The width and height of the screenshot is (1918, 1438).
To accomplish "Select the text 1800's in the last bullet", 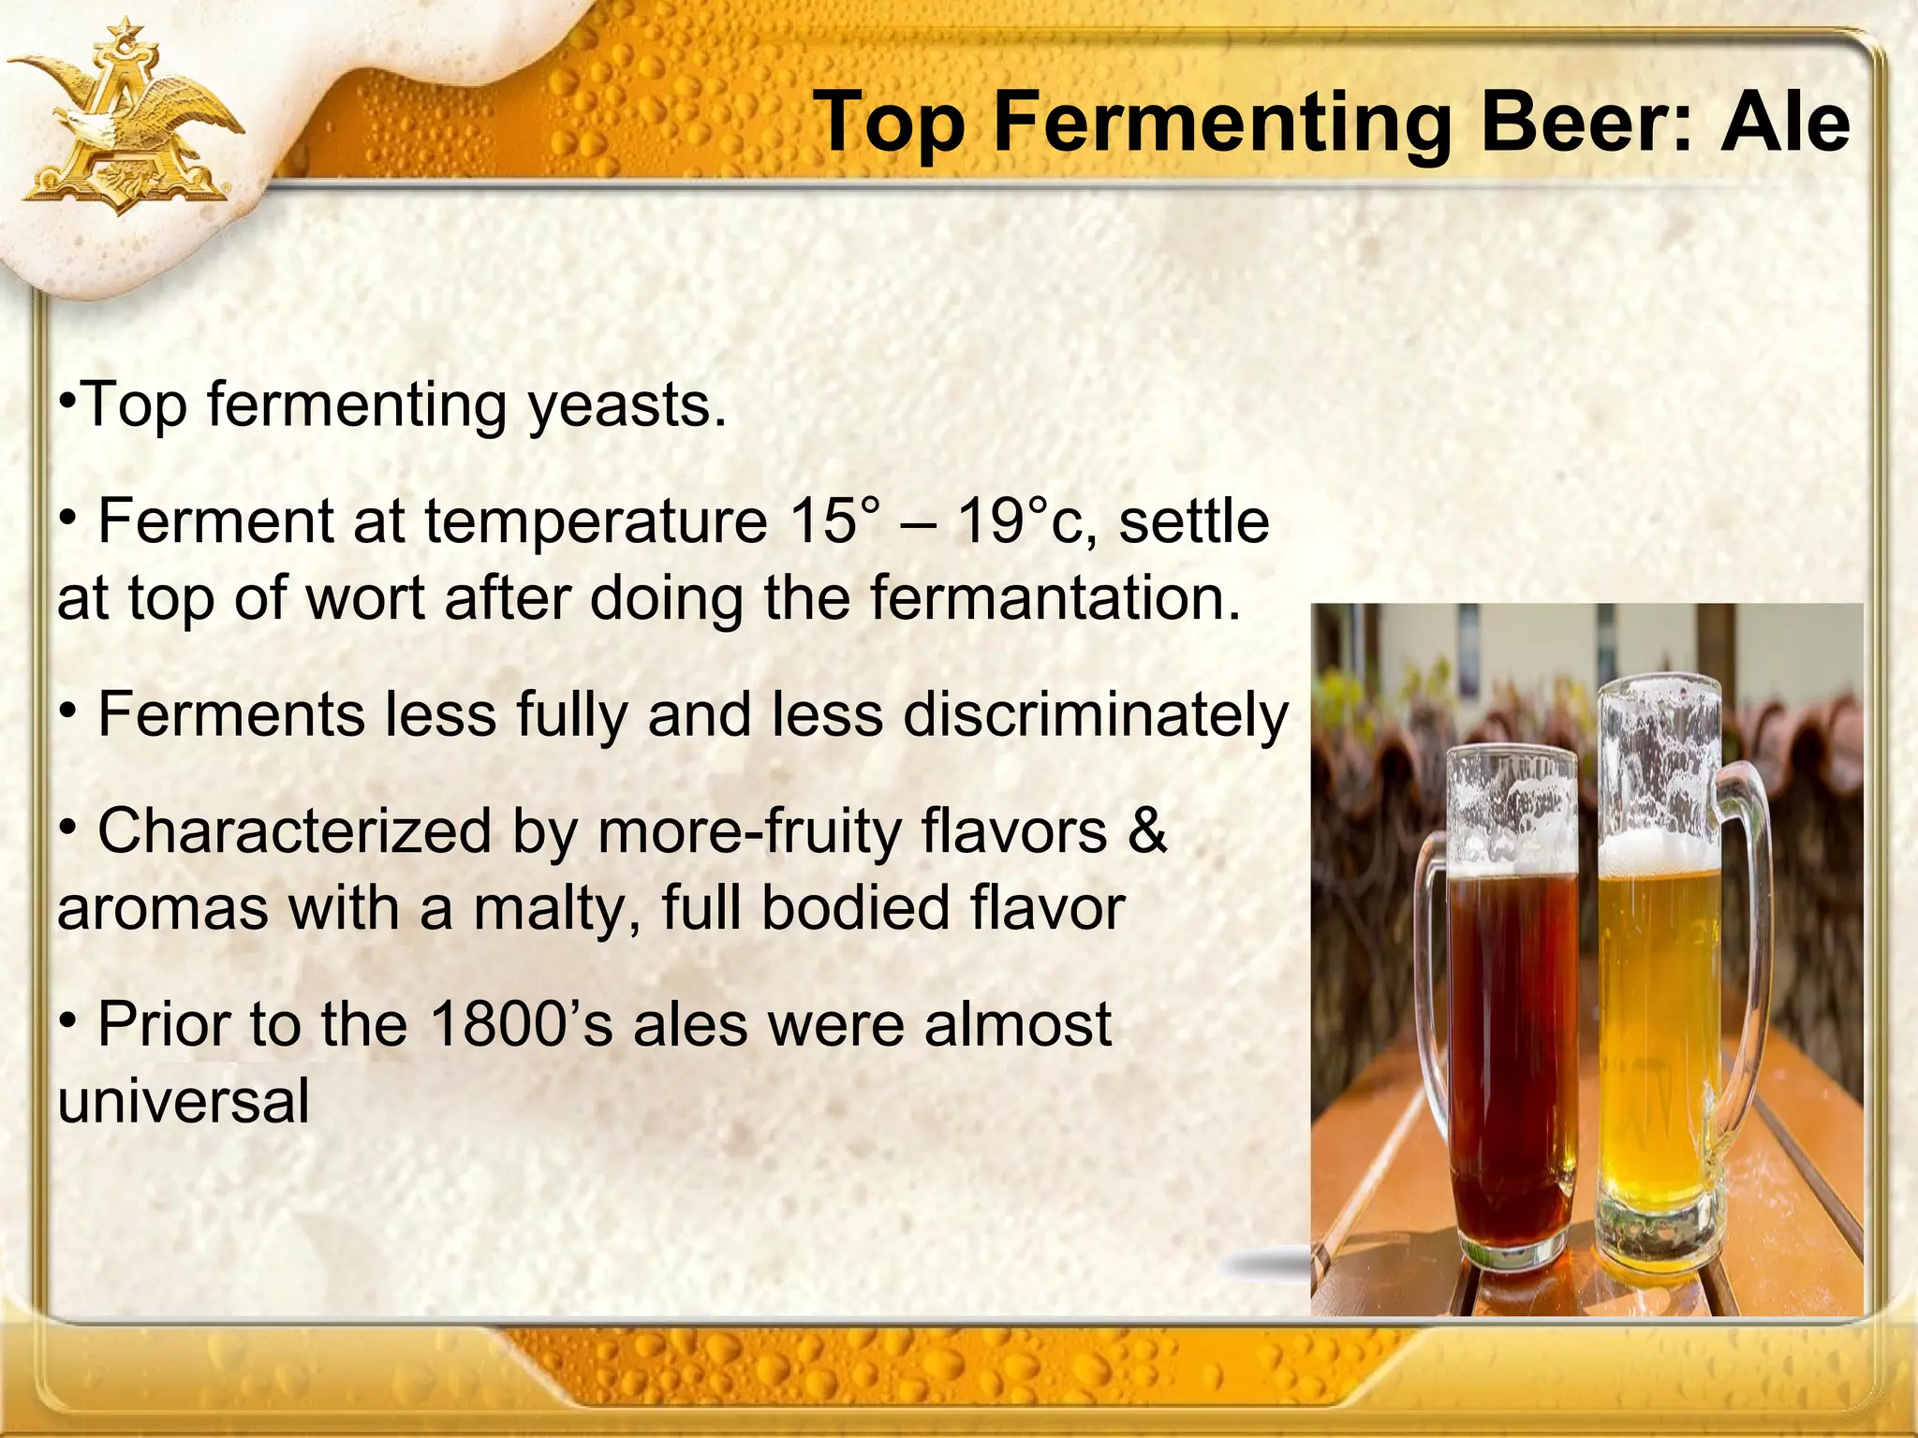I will pyautogui.click(x=521, y=1024).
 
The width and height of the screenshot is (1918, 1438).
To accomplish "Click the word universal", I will pyautogui.click(x=184, y=1101).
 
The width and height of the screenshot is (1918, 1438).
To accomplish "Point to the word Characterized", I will pyautogui.click(x=294, y=830).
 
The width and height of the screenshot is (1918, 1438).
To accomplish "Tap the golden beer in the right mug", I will pyautogui.click(x=1658, y=1030).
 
